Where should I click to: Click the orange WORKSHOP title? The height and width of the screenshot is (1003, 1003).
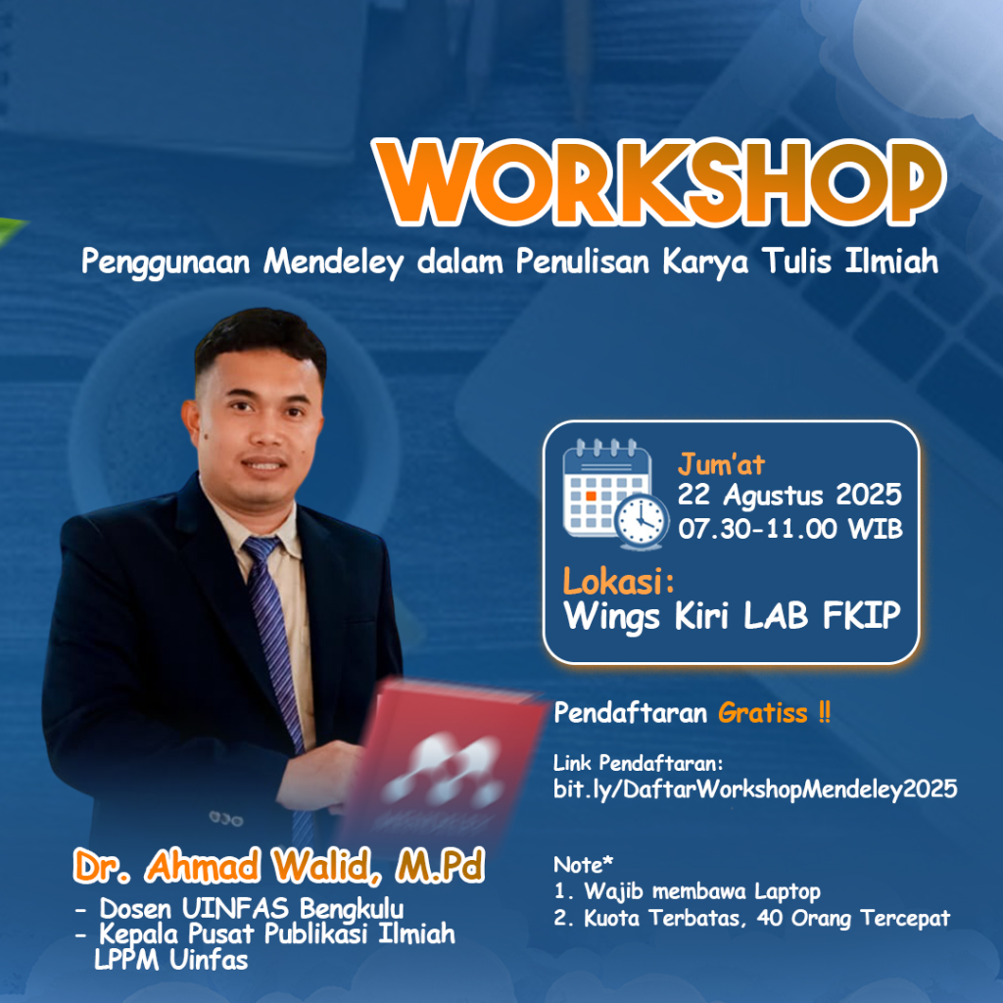coord(659,181)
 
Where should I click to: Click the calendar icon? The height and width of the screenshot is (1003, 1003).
coord(615,494)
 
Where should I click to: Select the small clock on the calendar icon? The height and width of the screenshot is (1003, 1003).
coord(642,521)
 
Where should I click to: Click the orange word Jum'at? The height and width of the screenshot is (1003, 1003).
coord(721,464)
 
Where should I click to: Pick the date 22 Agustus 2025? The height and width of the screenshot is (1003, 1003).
coord(789,495)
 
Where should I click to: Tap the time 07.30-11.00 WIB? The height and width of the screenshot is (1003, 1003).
coord(790,529)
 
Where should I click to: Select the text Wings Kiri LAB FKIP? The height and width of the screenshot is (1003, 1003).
coord(732,616)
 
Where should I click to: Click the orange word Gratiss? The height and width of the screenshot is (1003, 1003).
coord(762,713)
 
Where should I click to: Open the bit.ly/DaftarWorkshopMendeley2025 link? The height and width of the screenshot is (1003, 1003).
coord(755,789)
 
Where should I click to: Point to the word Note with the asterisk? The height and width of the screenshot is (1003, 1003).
coord(583,865)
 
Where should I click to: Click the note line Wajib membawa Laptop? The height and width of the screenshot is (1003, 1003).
coord(702,891)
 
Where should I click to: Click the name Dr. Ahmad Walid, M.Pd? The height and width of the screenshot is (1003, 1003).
coord(279,867)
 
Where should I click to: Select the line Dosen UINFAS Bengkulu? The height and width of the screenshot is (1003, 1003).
coord(252,908)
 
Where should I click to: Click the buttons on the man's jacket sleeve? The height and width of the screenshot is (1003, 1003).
coord(226,818)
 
